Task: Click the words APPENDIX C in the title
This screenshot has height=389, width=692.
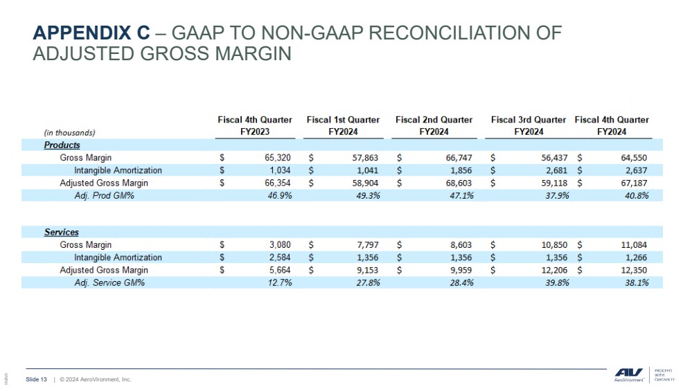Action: [91, 33]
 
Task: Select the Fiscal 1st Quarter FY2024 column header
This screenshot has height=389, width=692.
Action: [343, 126]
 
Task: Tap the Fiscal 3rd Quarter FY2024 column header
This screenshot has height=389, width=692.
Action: [529, 126]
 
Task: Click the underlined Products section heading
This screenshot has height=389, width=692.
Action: [62, 145]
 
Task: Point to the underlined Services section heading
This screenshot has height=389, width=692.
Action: [62, 233]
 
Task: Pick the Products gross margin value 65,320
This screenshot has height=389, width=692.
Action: [277, 158]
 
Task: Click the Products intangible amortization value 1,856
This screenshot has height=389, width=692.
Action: [461, 171]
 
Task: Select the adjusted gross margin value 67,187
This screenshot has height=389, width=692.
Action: [634, 183]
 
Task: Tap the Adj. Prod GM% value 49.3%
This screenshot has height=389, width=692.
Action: [368, 196]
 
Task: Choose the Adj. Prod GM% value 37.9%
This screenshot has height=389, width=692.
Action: [557, 196]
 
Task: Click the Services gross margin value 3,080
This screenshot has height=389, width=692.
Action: [280, 245]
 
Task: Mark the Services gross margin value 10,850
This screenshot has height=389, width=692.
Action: [554, 245]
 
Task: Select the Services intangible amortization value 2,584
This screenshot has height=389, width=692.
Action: [280, 257]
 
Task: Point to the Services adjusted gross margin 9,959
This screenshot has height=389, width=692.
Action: [461, 271]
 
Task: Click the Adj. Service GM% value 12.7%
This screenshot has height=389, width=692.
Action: [280, 282]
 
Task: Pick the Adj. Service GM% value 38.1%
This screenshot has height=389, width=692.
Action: [637, 282]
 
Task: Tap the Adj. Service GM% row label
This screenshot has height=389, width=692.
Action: [109, 282]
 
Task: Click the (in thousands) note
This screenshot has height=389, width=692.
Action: [69, 133]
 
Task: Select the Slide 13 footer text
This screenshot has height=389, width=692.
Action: [36, 379]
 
